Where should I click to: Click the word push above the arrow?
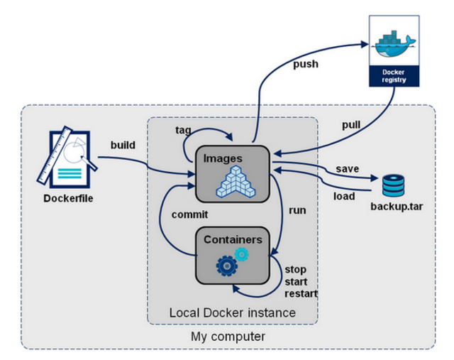(306, 65)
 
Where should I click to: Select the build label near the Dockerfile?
(124, 145)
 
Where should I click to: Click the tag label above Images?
(184, 130)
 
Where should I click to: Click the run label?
(297, 211)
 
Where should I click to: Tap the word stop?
(295, 269)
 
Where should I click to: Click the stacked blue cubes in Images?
(237, 180)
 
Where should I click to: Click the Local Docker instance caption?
(232, 312)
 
